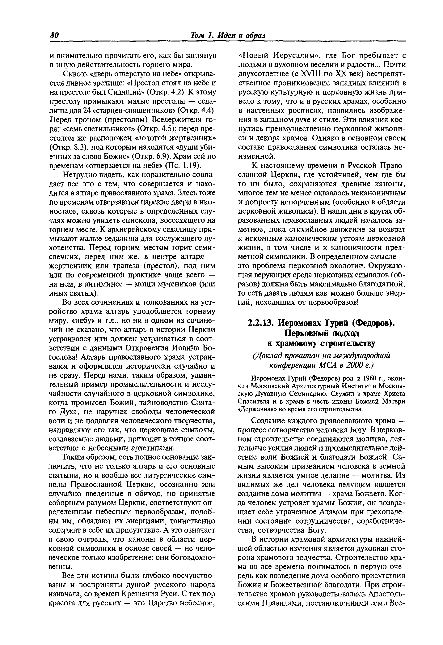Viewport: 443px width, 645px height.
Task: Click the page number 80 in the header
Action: pos(54,36)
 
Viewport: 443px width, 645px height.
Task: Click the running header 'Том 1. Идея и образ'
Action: pos(228,36)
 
